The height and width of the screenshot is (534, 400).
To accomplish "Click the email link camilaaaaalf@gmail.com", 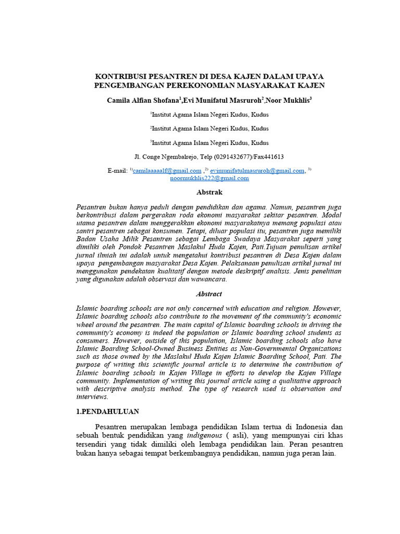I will click(167, 171).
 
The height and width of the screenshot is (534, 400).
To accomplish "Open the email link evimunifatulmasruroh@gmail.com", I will click(257, 171).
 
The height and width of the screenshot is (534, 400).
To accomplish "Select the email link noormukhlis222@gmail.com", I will click(209, 178).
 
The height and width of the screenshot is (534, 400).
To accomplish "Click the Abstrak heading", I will click(209, 192).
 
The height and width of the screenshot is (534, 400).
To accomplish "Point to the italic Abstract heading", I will click(209, 294).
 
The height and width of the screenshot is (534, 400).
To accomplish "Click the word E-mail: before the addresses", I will click(117, 171).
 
